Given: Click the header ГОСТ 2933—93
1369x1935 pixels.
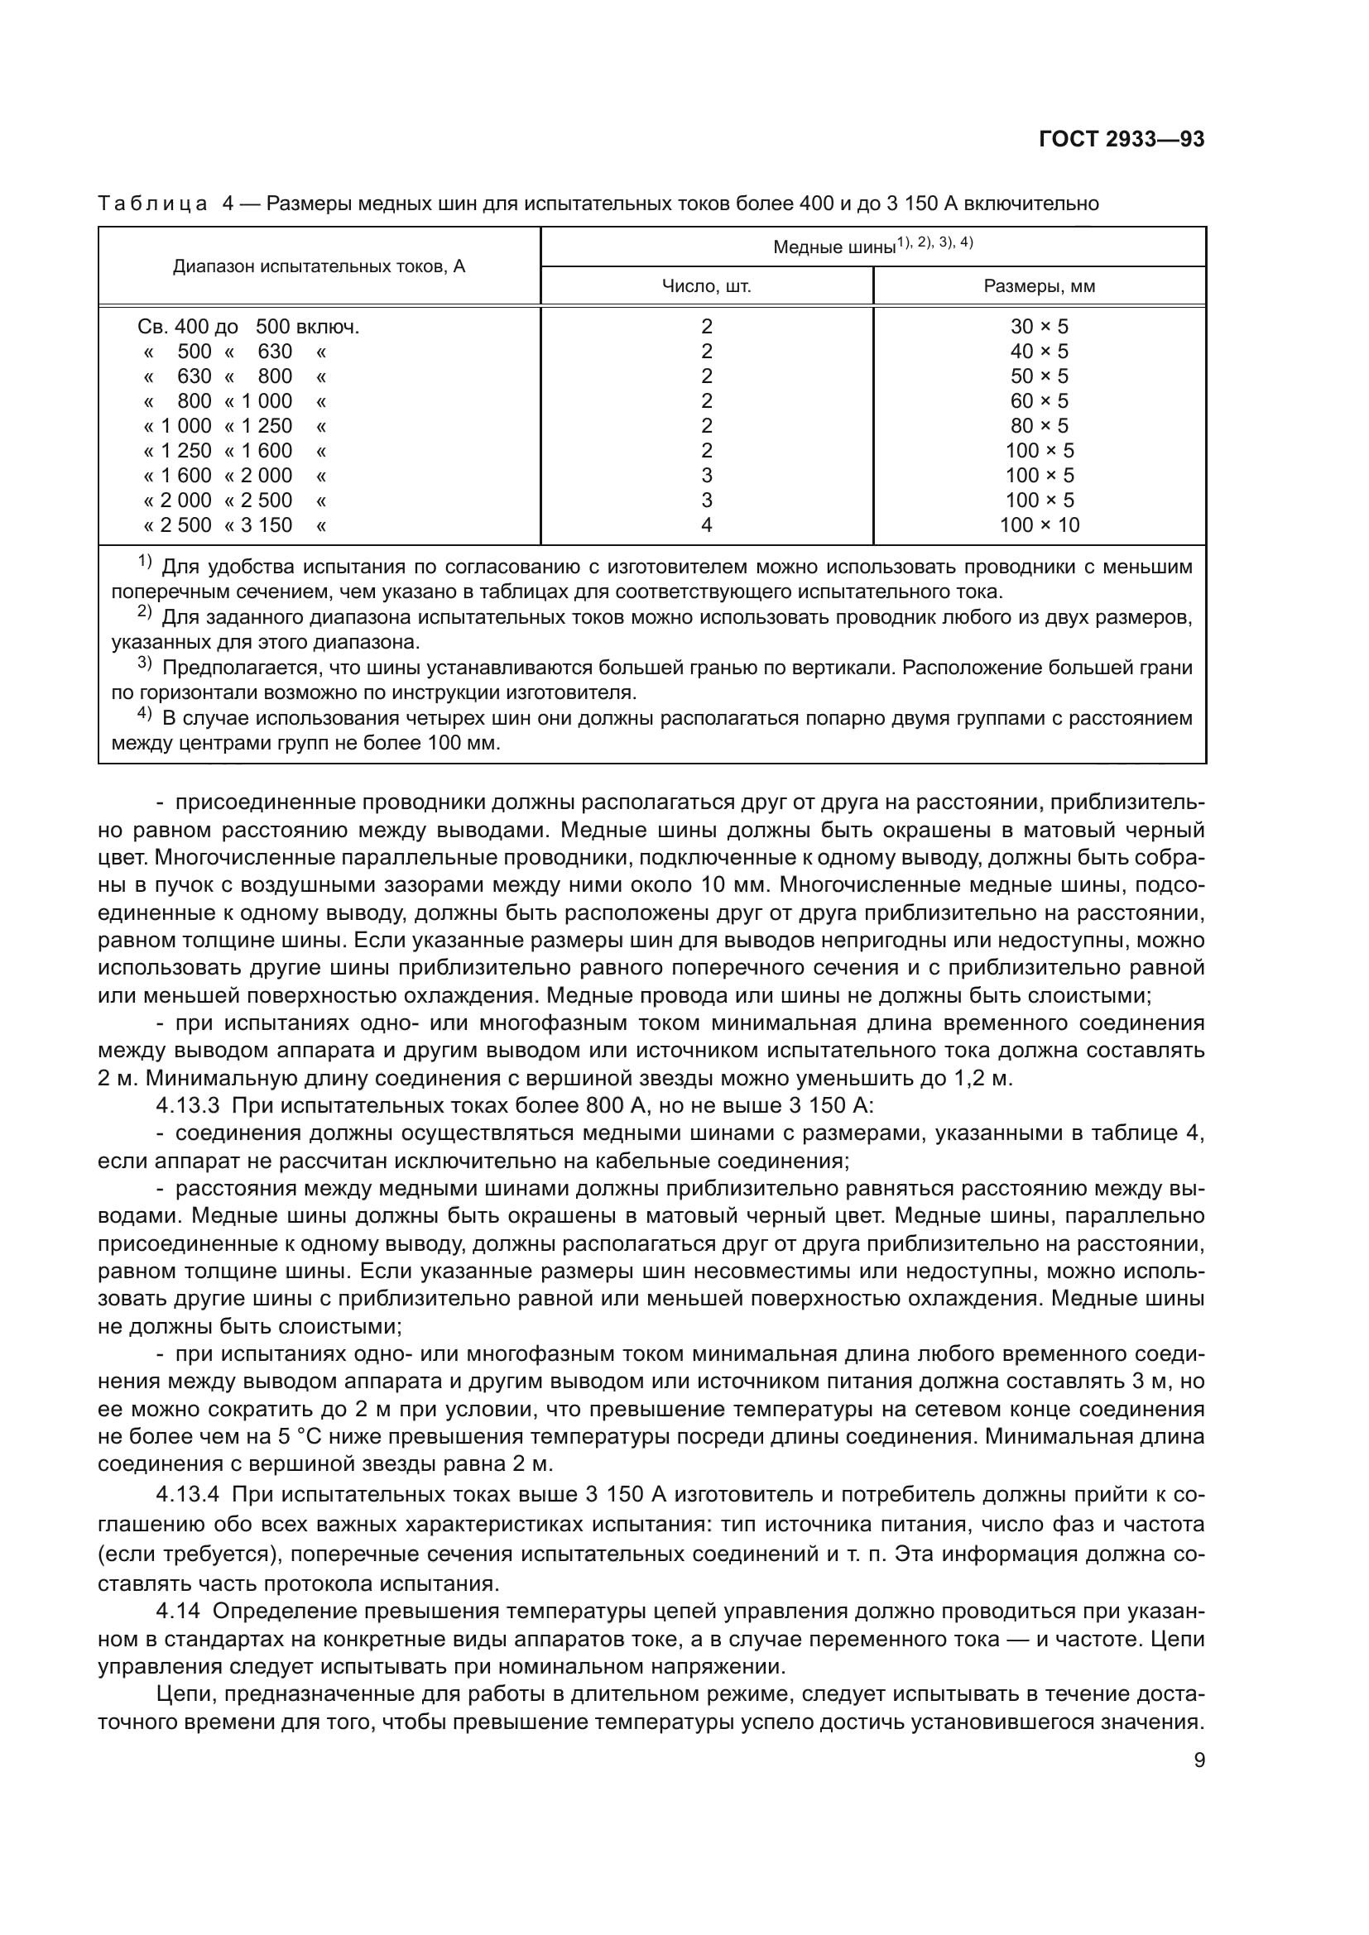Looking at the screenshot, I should click(x=1121, y=139).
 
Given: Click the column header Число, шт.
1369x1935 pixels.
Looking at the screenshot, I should click(x=705, y=286).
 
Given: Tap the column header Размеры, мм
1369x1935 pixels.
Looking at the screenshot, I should click(x=1039, y=286).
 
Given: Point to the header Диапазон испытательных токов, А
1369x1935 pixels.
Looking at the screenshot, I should click(x=319, y=266).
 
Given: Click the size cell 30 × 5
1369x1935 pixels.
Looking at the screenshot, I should click(x=1039, y=326).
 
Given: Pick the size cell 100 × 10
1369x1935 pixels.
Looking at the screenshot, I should click(x=1039, y=525).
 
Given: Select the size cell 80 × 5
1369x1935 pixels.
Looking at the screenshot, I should click(x=1039, y=425).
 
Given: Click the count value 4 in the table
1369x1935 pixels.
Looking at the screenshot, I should click(x=706, y=525).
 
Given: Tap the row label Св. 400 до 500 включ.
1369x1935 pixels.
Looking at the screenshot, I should click(x=247, y=326).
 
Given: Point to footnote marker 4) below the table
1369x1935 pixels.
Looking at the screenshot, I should click(x=144, y=715).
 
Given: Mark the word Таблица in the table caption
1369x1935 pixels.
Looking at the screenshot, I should click(x=152, y=204).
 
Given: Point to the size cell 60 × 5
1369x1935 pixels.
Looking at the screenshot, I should click(x=1039, y=401).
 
